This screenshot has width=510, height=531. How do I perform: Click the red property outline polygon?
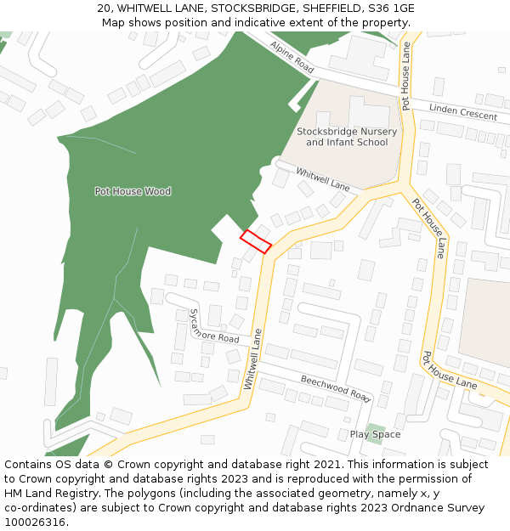tap(255, 241)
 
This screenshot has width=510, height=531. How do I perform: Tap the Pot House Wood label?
tap(133, 191)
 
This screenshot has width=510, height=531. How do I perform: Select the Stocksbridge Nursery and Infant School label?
tap(347, 137)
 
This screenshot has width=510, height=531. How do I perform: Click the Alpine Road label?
tap(292, 56)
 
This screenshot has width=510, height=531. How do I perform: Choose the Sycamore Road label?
tap(214, 326)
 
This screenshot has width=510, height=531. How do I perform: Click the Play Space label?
tap(375, 434)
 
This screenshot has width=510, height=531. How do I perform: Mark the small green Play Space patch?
tap(375, 427)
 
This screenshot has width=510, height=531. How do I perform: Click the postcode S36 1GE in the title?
tap(393, 8)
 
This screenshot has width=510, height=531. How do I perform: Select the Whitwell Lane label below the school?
tap(322, 178)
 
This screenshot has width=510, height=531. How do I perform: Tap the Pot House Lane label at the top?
tap(406, 76)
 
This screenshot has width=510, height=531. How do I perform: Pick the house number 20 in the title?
tap(104, 8)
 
